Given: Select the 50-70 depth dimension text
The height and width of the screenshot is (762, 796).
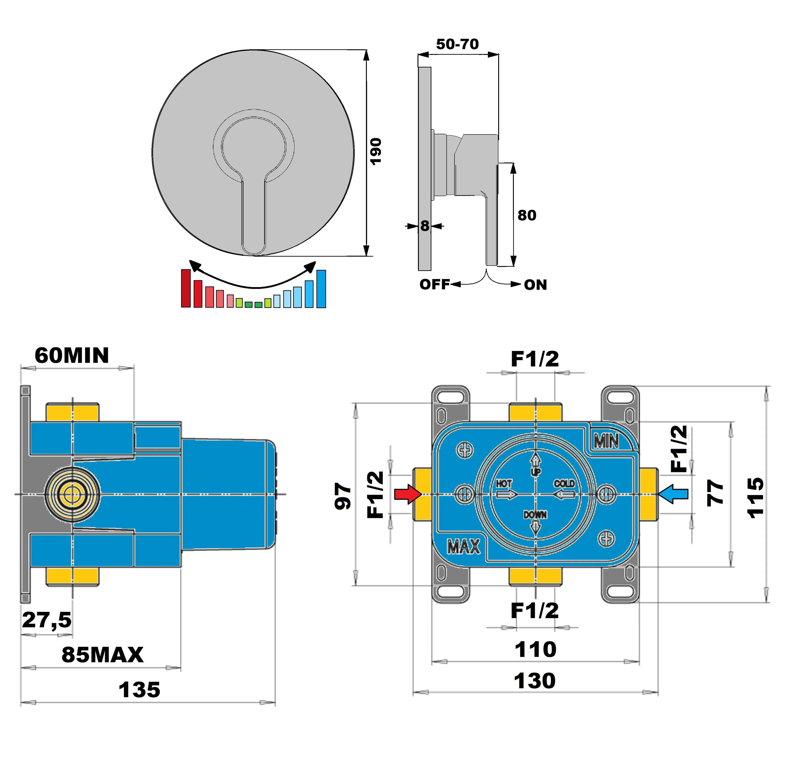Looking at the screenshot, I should click(x=457, y=44).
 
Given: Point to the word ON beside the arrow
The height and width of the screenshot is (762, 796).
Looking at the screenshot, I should click(x=535, y=285).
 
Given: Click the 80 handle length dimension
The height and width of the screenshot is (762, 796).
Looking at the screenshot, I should click(x=527, y=215).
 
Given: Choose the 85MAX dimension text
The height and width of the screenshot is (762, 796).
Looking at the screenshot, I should click(x=102, y=655).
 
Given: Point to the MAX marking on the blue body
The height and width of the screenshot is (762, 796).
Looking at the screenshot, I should click(x=463, y=547).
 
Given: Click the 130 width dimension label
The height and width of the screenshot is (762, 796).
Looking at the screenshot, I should click(x=534, y=681).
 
